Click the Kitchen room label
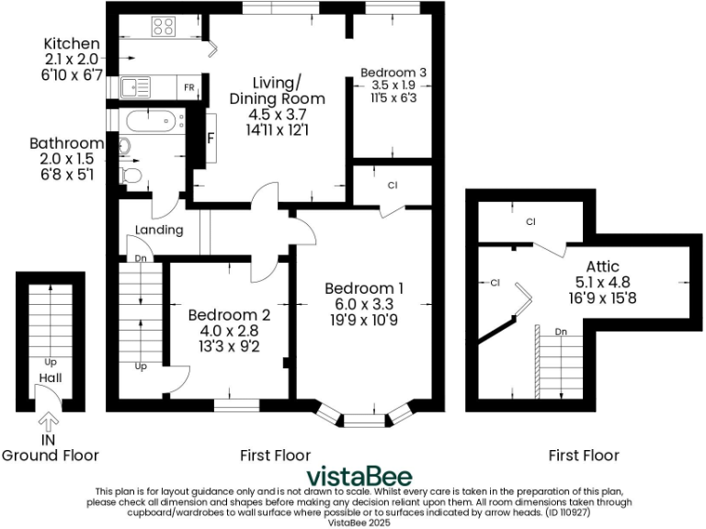71,44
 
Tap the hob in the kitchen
164,28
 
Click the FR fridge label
188,88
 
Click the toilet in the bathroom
131,174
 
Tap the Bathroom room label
66,143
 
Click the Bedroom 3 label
393,72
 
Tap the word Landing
159,230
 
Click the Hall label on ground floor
50,377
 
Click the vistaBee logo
359,476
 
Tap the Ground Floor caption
50,455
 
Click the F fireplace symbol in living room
211,139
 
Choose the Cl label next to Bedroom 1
393,186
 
